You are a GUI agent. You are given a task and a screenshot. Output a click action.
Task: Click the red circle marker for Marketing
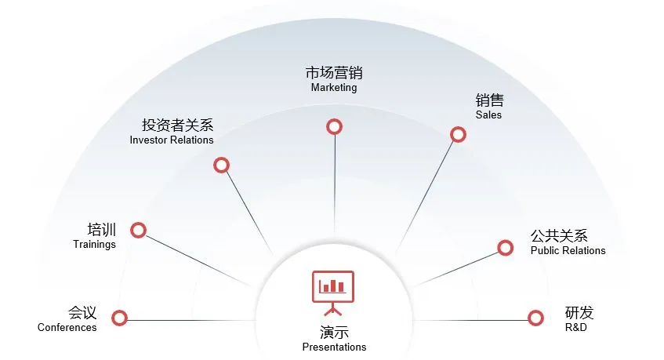[x=335, y=126]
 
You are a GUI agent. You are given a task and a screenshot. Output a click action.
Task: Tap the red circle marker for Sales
[x=458, y=135]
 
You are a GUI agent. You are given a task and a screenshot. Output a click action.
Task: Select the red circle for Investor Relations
[x=221, y=165]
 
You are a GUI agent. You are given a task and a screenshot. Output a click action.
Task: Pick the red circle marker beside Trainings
[x=139, y=230]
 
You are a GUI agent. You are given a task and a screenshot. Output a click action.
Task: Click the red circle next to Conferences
[x=119, y=318]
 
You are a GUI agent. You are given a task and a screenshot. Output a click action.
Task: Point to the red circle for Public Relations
[x=505, y=248]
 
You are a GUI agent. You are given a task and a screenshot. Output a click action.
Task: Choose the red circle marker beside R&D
[x=535, y=318]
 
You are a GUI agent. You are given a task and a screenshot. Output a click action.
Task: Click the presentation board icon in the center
[x=333, y=291]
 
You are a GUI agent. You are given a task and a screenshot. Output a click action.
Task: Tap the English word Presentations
[x=334, y=347]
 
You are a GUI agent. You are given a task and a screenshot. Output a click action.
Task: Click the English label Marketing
[x=334, y=88]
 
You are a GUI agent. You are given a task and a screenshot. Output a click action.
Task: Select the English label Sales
[x=488, y=115]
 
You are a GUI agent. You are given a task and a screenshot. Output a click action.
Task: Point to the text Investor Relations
[x=172, y=140]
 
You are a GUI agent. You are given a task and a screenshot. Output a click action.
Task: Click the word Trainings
[x=94, y=244]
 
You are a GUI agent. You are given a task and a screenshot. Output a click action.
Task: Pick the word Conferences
[x=67, y=328]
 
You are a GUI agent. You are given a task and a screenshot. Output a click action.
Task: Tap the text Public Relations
[x=568, y=250]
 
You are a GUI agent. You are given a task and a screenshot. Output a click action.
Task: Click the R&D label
[x=575, y=328]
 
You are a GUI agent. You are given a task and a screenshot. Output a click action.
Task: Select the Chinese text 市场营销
[x=334, y=73]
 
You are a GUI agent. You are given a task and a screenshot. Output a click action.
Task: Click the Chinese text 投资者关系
[x=177, y=125]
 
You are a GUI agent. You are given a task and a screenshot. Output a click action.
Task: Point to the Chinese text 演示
[x=334, y=332]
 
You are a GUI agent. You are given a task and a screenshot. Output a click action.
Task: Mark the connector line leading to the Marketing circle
[x=335, y=188]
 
